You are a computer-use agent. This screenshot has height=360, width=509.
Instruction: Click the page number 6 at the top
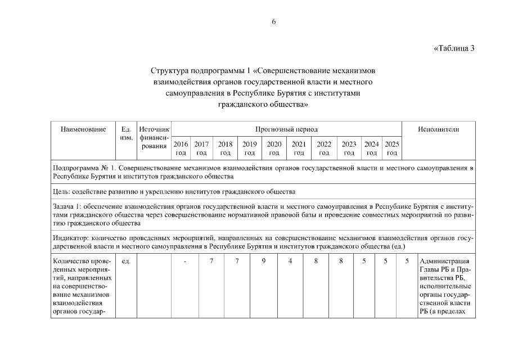[x=274, y=22]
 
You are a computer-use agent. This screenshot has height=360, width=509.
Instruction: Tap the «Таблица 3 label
[x=454, y=48]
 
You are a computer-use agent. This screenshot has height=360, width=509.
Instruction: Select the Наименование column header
[x=83, y=129]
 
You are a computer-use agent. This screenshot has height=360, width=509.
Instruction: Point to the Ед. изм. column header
[x=127, y=133]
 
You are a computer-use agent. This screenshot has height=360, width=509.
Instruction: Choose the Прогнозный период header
[x=286, y=129]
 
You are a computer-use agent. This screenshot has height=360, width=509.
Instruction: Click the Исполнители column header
[x=438, y=129]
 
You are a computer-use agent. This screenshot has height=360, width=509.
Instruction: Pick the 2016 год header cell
[x=181, y=148]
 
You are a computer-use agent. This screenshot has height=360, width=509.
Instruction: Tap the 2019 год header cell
[x=250, y=148]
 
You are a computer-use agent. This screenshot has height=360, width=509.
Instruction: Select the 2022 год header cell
[x=324, y=148]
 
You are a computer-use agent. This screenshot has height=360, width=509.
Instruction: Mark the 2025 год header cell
[x=392, y=148]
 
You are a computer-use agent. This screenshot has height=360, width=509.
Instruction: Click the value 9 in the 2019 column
[x=264, y=261]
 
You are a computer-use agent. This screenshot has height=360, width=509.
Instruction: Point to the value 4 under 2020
[x=290, y=261]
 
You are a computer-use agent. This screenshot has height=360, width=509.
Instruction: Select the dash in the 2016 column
[x=185, y=261]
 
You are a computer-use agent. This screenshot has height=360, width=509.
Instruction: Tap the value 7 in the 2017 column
[x=211, y=261]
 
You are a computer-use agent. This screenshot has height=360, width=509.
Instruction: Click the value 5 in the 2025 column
[x=407, y=261]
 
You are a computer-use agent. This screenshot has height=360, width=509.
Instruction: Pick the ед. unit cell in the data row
[x=126, y=261]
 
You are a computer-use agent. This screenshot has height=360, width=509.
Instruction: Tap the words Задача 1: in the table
[x=67, y=207]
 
